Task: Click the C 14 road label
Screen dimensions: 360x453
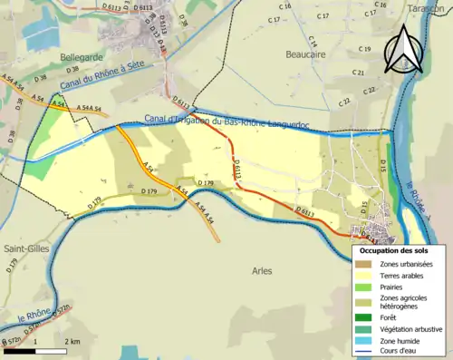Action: [313, 43]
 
